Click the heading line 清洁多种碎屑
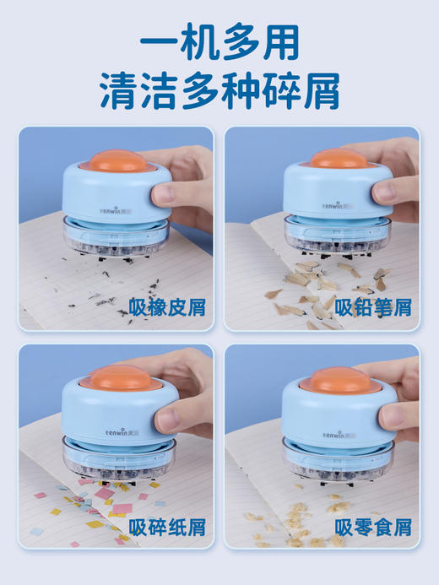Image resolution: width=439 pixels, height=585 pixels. [219, 91]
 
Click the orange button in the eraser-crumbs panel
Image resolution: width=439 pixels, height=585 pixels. [111, 160]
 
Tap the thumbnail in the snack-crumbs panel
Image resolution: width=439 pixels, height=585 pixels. [397, 414]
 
